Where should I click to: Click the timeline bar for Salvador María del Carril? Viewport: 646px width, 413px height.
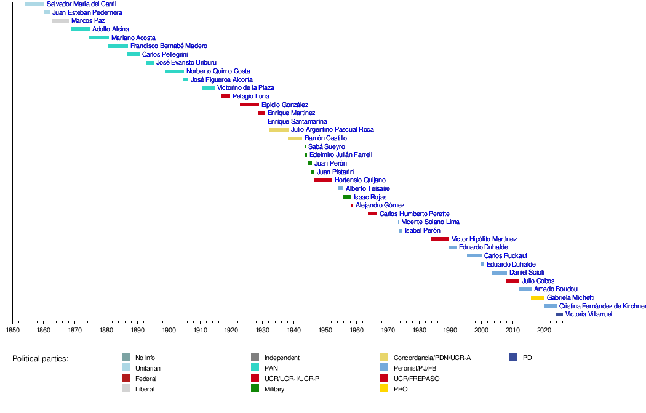(x=34, y=4)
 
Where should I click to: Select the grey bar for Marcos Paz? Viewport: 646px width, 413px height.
(x=60, y=21)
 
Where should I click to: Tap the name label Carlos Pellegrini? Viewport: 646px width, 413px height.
(x=165, y=54)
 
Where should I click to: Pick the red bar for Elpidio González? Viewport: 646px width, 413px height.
(x=249, y=105)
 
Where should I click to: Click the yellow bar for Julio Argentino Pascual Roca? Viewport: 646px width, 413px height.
(x=279, y=130)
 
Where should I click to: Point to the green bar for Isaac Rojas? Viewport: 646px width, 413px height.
(x=347, y=197)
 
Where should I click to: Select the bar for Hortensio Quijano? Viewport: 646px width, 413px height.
(x=323, y=180)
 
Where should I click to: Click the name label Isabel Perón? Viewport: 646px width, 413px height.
(x=423, y=231)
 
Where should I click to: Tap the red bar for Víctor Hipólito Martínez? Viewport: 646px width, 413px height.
(x=440, y=239)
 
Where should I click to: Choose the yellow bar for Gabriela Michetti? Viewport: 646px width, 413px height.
(x=538, y=298)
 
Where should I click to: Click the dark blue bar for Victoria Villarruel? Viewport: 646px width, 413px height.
(x=559, y=315)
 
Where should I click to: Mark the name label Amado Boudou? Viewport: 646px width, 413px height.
(x=556, y=289)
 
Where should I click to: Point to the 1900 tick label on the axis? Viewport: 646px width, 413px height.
(x=169, y=331)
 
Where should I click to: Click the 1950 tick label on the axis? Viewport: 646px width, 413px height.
(x=325, y=331)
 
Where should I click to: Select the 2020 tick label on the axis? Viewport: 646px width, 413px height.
(x=544, y=331)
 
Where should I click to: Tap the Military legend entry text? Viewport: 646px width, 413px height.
(x=274, y=390)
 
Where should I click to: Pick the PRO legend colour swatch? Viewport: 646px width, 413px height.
(x=384, y=389)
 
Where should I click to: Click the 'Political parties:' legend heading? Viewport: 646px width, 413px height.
(x=41, y=359)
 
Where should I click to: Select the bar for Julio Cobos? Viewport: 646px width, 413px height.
(x=512, y=281)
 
